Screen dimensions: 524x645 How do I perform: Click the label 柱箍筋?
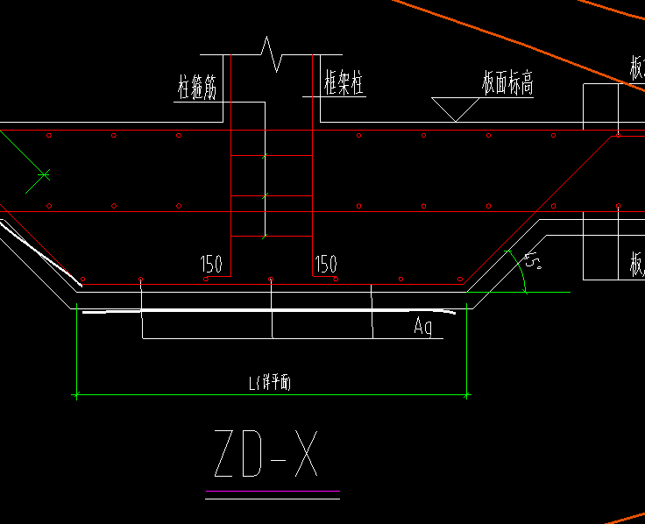click(197, 87)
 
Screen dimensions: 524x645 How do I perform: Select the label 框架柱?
click(344, 84)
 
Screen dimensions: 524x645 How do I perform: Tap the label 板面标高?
click(507, 84)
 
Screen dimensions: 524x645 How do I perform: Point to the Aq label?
click(423, 327)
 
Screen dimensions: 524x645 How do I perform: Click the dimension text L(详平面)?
click(270, 383)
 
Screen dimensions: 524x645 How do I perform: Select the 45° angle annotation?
click(531, 260)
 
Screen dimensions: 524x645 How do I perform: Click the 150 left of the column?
click(211, 263)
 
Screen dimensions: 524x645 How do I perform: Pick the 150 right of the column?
click(326, 263)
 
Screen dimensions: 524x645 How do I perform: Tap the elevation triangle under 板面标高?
click(455, 108)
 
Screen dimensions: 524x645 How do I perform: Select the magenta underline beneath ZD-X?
click(272, 491)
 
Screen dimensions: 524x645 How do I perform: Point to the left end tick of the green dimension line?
click(77, 395)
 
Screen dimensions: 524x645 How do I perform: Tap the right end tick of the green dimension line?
click(466, 395)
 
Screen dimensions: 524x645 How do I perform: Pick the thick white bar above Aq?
click(263, 310)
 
